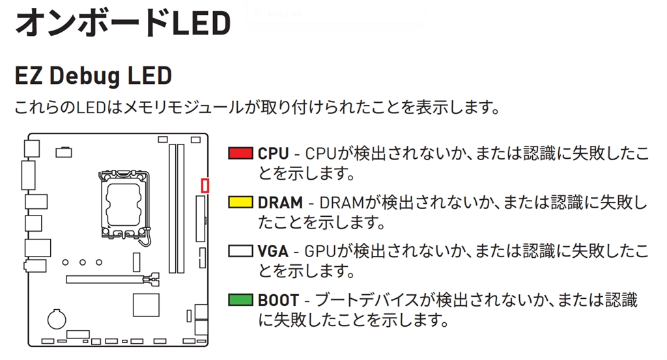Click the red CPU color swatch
click(x=240, y=154)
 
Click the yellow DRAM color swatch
click(x=240, y=202)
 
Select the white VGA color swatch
click(x=240, y=251)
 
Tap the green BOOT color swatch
click(x=240, y=300)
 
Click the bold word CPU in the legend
click(x=273, y=154)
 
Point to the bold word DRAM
click(x=280, y=202)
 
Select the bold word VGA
click(x=273, y=251)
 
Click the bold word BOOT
click(x=278, y=300)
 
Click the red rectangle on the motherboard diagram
click(x=205, y=186)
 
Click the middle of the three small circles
click(x=83, y=262)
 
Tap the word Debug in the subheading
click(x=86, y=76)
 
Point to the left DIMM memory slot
click(x=171, y=208)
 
